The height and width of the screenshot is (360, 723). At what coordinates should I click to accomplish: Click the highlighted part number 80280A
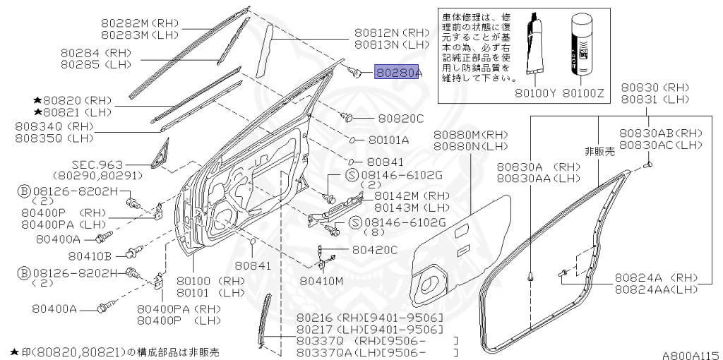pos(398,72)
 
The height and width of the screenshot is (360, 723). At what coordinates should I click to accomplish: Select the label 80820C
pos(400,119)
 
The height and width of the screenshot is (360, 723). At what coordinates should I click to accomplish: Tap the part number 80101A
pos(389,140)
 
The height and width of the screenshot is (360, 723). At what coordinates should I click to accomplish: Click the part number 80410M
pos(321,280)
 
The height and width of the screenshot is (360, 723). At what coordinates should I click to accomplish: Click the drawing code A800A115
pos(690,355)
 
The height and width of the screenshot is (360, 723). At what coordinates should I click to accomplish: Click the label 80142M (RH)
pos(412,196)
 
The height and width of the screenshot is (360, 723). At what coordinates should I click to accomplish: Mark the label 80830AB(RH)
pos(661,133)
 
